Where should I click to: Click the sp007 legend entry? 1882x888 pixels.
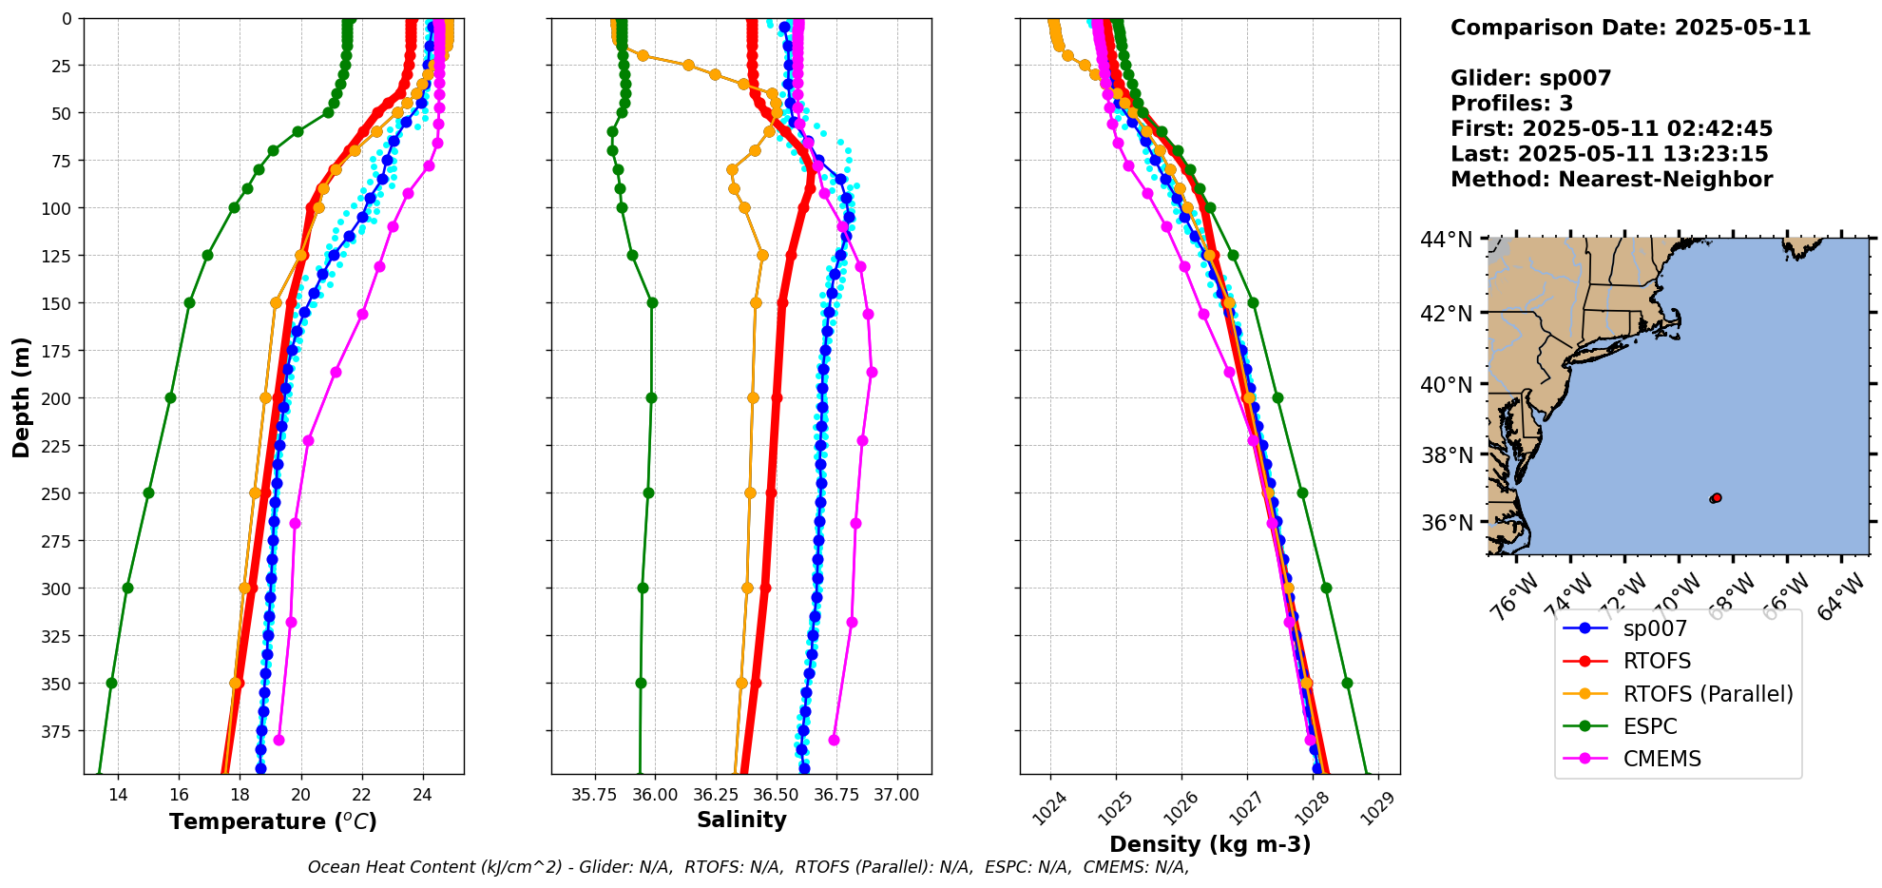tap(1655, 628)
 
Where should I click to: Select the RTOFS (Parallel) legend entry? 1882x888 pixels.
tap(1707, 694)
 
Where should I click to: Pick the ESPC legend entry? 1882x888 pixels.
tap(1649, 726)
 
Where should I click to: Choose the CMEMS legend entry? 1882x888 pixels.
tap(1661, 759)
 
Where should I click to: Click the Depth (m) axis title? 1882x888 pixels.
tap(22, 396)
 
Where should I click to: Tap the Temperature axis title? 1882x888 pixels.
tap(273, 821)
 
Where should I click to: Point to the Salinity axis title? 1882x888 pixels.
tap(741, 820)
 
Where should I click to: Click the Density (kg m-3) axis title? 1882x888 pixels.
tap(1210, 844)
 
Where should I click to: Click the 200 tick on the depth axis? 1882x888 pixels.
tap(60, 398)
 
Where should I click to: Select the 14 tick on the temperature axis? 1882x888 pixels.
tap(118, 795)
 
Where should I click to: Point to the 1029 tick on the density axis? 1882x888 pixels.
tap(1376, 808)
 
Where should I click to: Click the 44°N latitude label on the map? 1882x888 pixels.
tap(1447, 241)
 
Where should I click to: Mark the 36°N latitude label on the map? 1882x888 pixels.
tap(1447, 523)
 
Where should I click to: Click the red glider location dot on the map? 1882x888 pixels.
tap(1716, 498)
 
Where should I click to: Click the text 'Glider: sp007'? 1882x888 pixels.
tap(1530, 78)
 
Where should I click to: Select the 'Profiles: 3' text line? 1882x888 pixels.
tap(1511, 104)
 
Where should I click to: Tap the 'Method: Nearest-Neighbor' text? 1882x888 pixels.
tap(1611, 180)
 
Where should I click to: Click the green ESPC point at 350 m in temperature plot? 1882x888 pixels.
tap(111, 683)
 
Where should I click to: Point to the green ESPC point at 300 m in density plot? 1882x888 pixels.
tap(1326, 588)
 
